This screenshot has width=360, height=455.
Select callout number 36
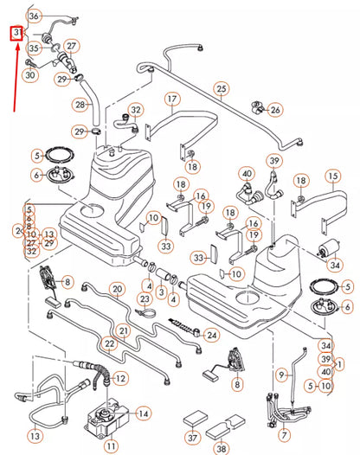coord(34,16)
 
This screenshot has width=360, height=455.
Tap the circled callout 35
coord(35,48)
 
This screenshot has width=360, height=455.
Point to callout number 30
coord(29,75)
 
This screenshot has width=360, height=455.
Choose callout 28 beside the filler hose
coord(80,105)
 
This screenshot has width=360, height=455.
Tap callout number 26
coord(275,110)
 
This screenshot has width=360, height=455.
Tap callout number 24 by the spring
coord(212,335)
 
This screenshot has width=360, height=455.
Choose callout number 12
coord(120,378)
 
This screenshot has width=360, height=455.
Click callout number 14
coord(144,414)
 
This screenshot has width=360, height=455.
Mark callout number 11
coord(111,445)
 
